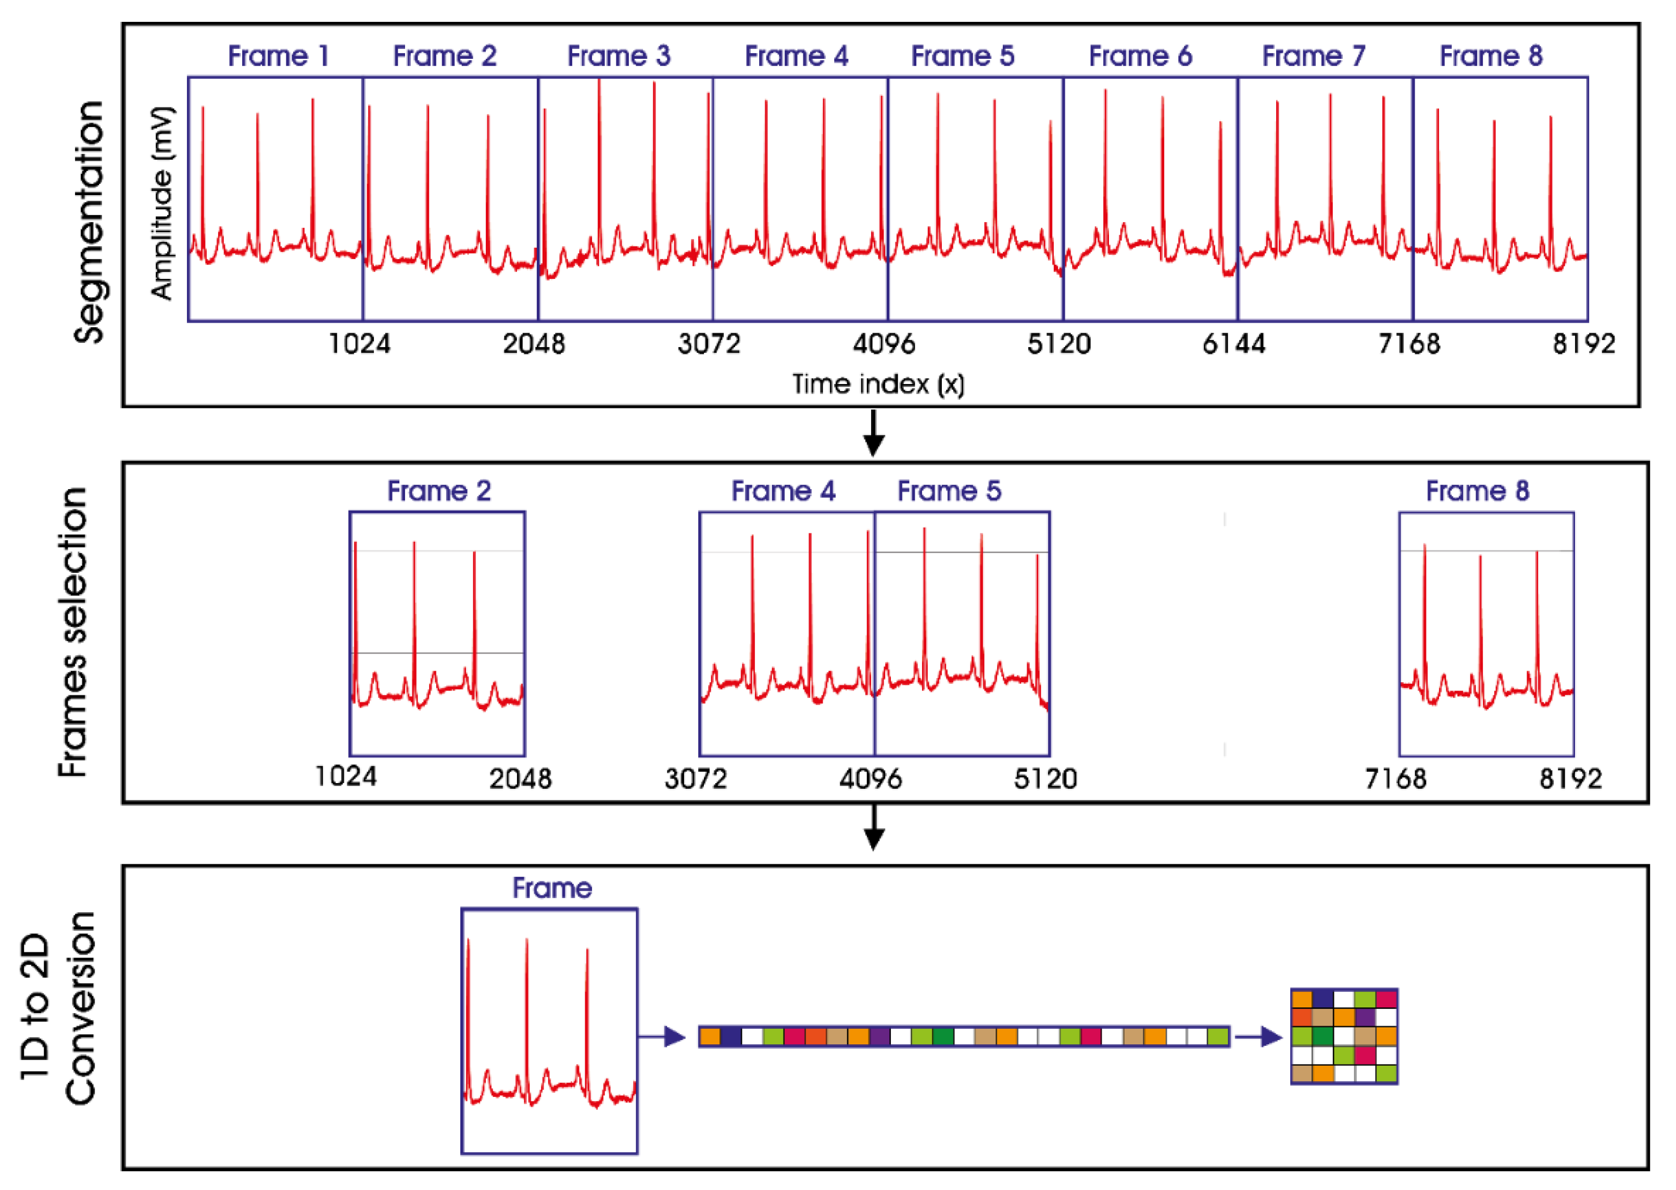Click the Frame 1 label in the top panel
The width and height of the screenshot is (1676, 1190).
click(278, 56)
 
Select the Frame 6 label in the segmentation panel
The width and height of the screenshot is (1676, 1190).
click(1140, 56)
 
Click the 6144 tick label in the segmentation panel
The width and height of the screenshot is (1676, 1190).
click(1234, 343)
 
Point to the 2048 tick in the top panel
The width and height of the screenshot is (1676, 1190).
click(534, 343)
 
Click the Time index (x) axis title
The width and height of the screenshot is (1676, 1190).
click(878, 384)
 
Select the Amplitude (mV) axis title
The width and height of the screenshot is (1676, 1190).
click(162, 203)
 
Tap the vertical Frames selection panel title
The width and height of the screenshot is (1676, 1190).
click(73, 632)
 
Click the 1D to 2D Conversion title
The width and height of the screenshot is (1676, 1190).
click(59, 1007)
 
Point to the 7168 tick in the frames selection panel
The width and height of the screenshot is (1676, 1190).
click(1395, 778)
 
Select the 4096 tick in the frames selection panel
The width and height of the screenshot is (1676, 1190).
click(870, 778)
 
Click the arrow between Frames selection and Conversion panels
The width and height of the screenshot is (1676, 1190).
click(873, 828)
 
